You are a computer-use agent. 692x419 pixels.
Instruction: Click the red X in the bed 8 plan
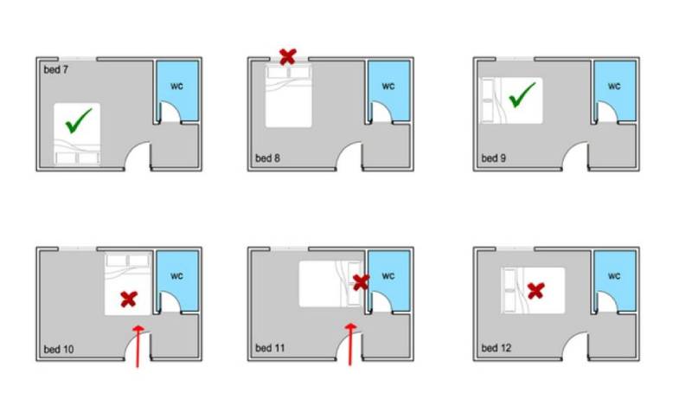pyautogui.click(x=288, y=57)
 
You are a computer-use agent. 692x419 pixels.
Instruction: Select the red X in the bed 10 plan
pyautogui.click(x=129, y=300)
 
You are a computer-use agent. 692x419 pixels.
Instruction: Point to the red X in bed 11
pyautogui.click(x=361, y=282)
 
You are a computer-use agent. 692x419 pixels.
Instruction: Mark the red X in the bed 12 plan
pyautogui.click(x=535, y=291)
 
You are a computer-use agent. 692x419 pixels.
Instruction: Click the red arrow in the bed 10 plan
pyautogui.click(x=138, y=346)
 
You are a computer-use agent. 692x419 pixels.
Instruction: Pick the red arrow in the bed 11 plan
pyautogui.click(x=351, y=345)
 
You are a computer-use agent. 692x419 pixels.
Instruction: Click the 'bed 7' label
pyautogui.click(x=56, y=70)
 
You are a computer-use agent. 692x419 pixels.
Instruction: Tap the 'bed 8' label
pyautogui.click(x=267, y=158)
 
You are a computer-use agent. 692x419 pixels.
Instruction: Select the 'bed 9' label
pyautogui.click(x=493, y=158)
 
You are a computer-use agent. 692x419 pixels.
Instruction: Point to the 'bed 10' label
pyautogui.click(x=59, y=349)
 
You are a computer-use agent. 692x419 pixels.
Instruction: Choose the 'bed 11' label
pyautogui.click(x=270, y=348)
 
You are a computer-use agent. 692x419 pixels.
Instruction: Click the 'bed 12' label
pyautogui.click(x=496, y=348)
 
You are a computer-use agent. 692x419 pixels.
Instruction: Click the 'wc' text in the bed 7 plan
pyautogui.click(x=177, y=86)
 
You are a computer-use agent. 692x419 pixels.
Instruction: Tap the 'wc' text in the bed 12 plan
pyautogui.click(x=614, y=276)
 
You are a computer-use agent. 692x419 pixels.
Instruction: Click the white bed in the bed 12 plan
pyautogui.click(x=533, y=291)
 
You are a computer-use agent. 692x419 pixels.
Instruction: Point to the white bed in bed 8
pyautogui.click(x=289, y=95)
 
